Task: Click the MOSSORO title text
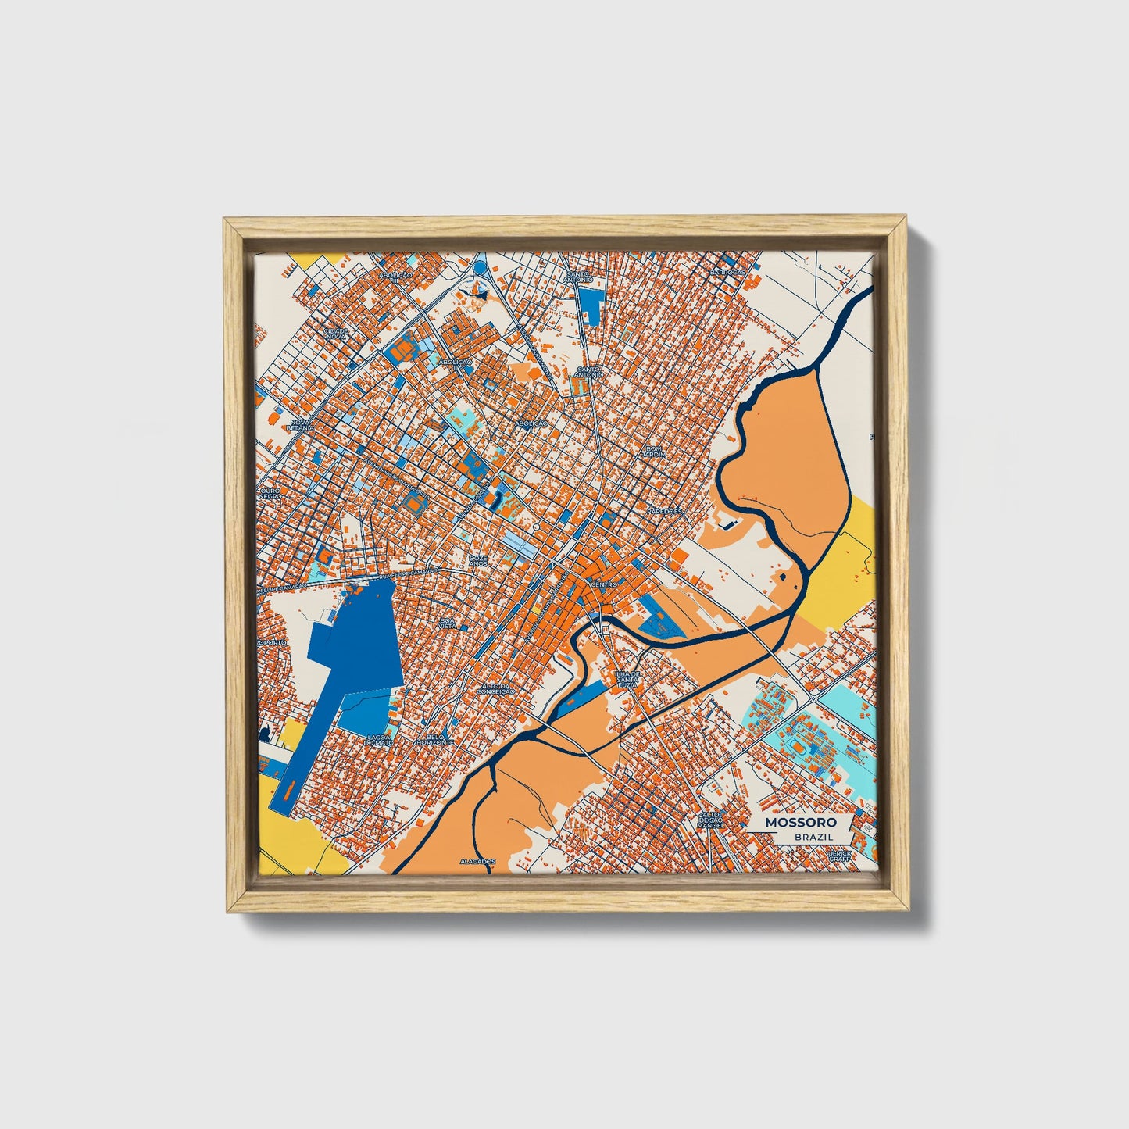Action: click(x=801, y=822)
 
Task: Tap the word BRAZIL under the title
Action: click(x=813, y=837)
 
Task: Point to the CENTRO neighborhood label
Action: click(x=605, y=584)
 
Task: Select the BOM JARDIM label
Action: click(x=653, y=451)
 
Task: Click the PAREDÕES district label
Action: click(x=664, y=511)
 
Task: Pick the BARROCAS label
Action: click(x=724, y=272)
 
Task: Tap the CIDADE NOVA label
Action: click(x=336, y=333)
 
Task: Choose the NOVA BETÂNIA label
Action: click(x=299, y=425)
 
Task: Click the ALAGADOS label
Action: click(x=477, y=860)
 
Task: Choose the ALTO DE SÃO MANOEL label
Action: click(x=710, y=819)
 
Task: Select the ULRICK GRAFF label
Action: click(x=840, y=856)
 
